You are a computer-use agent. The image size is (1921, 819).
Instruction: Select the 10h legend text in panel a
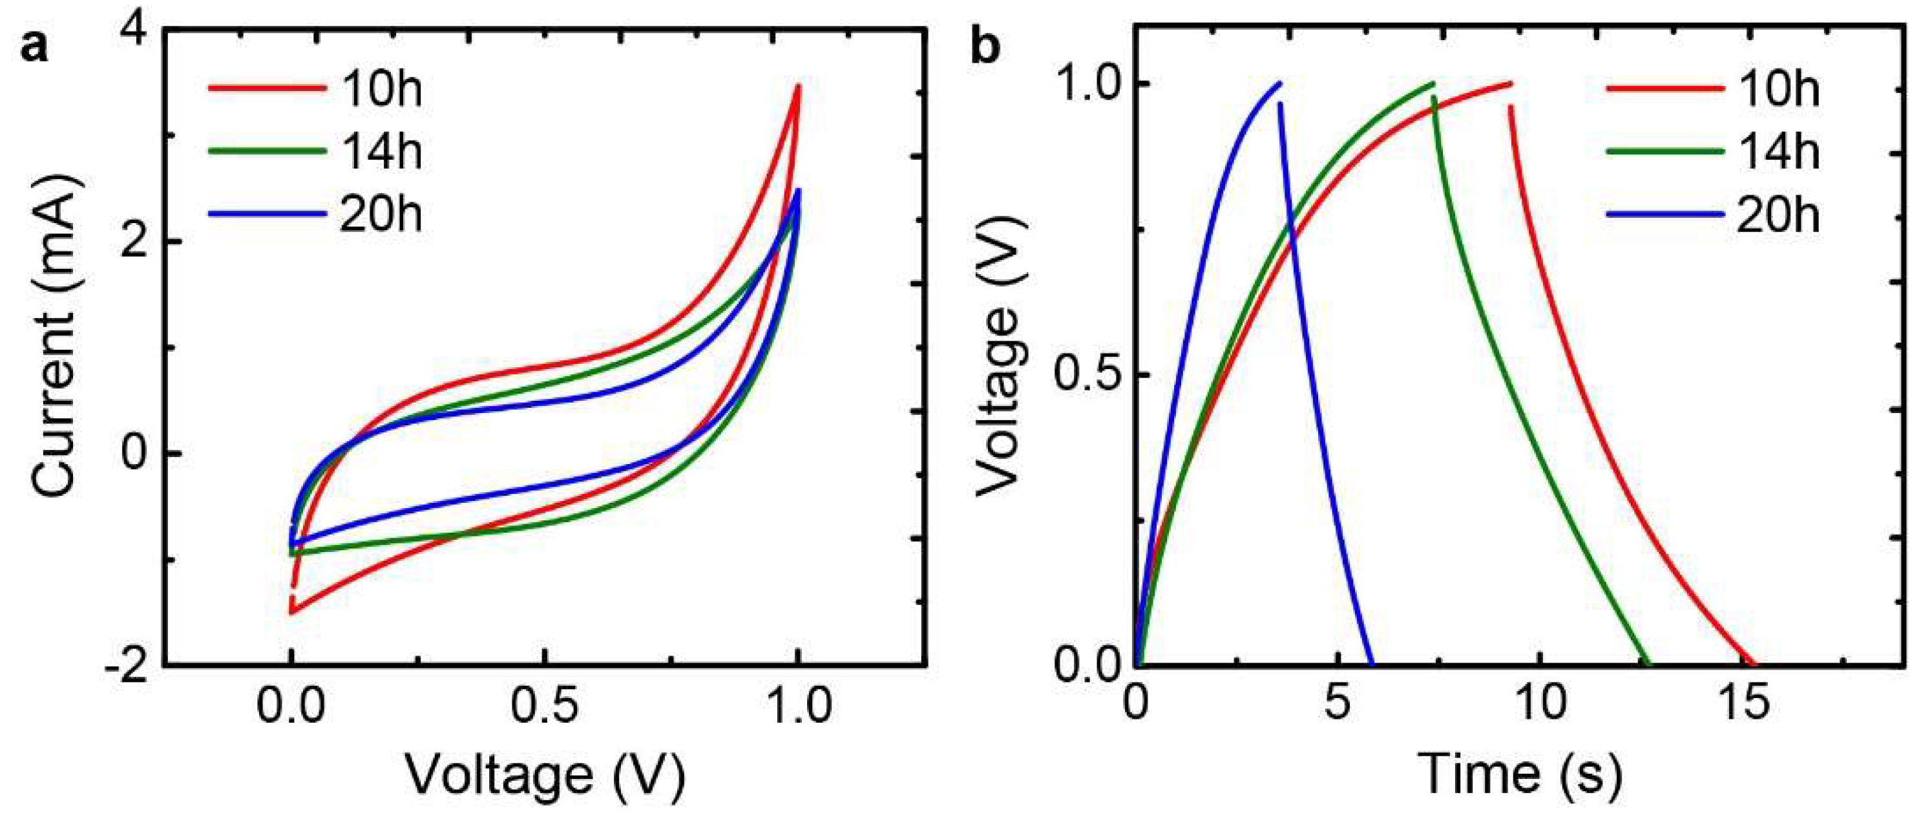point(382,89)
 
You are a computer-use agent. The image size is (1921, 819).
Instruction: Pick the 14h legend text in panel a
point(382,151)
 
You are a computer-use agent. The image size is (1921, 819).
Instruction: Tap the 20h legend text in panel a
point(382,215)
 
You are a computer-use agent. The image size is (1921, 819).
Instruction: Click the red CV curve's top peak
point(798,85)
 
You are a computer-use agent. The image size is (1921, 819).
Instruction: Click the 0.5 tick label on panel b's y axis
point(1089,374)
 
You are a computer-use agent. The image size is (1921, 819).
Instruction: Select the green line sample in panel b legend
point(1665,151)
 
